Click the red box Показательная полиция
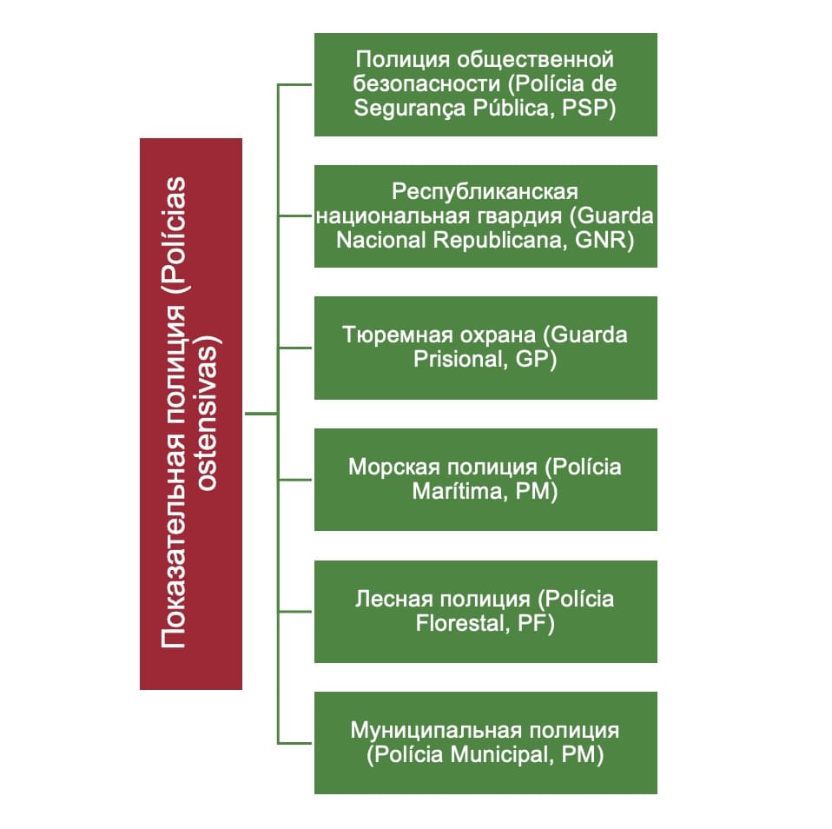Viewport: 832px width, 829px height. pos(190,414)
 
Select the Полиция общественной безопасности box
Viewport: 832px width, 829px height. pos(485,84)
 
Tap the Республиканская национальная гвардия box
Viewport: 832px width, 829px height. pos(485,216)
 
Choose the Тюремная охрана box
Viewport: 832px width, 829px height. pos(485,348)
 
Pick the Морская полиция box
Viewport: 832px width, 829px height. pos(485,479)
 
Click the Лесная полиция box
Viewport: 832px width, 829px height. pos(485,611)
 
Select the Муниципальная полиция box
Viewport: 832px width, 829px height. pos(485,742)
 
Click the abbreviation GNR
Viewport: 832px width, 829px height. pos(604,241)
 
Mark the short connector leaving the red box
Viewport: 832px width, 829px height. pos(260,414)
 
